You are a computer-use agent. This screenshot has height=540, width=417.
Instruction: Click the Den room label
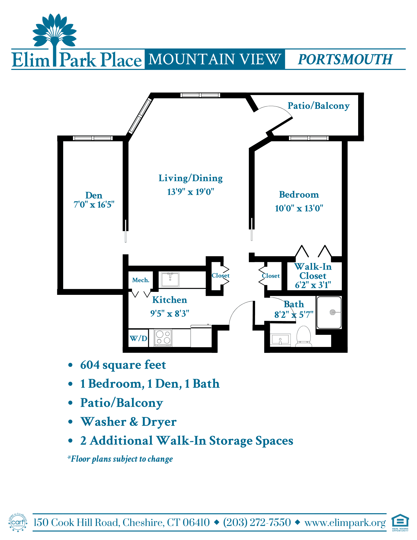94,195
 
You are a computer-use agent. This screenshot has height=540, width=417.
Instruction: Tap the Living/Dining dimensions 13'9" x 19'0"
191,192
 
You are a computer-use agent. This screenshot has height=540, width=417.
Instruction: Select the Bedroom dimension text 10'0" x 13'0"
299,208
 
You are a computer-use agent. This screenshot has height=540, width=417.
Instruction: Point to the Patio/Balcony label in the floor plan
318,106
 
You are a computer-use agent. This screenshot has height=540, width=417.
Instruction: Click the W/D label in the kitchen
138,338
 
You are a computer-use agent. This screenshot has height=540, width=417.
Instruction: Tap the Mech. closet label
141,280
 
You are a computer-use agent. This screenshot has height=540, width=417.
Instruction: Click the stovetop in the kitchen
163,337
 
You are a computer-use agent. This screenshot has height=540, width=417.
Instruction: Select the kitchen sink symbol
170,279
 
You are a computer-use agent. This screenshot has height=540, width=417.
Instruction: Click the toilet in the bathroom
304,336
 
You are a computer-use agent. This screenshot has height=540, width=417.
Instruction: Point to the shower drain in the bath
333,312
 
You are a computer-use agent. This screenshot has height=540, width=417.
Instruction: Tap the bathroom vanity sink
280,339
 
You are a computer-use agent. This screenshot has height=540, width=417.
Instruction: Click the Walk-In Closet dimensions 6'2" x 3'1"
313,285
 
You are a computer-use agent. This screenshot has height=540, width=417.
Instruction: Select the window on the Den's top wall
93,138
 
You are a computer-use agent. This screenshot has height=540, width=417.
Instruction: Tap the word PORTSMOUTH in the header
345,59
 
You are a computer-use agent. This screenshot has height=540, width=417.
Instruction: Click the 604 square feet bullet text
123,365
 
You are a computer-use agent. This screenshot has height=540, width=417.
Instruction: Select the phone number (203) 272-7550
257,523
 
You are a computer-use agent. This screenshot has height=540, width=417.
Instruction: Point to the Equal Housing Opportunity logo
400,523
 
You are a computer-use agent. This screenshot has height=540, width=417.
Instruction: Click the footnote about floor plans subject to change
120,459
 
